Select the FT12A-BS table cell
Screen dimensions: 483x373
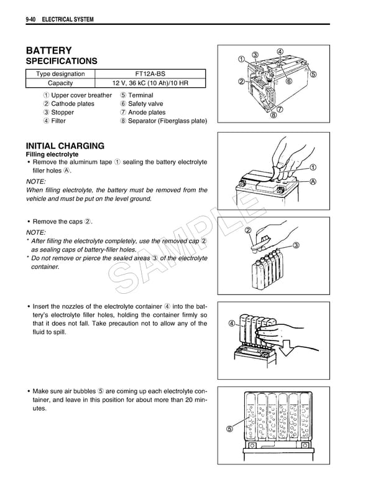152,74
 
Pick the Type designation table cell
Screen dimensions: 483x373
61,74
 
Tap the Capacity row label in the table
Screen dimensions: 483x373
61,83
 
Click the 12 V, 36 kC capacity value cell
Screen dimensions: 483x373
152,83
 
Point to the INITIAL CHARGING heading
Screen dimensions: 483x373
65,146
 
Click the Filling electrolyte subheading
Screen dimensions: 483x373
51,154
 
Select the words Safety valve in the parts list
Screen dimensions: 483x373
145,104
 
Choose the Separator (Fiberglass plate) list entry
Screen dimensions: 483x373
167,121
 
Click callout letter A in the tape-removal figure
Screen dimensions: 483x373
313,182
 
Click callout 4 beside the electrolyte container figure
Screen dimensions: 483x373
231,323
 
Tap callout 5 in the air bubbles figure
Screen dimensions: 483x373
230,428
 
